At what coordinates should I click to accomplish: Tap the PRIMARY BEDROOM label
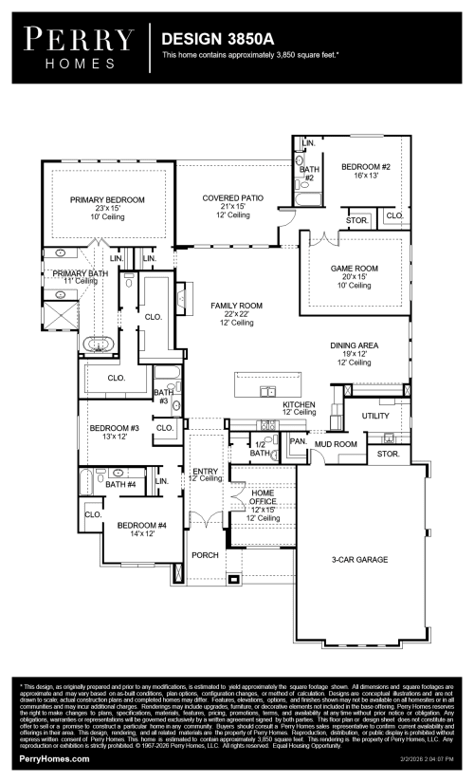tap(107, 199)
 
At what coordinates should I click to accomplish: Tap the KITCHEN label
tap(299, 404)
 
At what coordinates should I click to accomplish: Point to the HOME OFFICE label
tap(263, 496)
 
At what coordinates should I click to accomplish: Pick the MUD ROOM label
tap(336, 443)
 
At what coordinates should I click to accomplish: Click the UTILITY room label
tap(375, 416)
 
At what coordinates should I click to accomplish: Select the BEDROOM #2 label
tap(366, 167)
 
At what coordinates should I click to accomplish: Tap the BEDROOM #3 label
tap(115, 428)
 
